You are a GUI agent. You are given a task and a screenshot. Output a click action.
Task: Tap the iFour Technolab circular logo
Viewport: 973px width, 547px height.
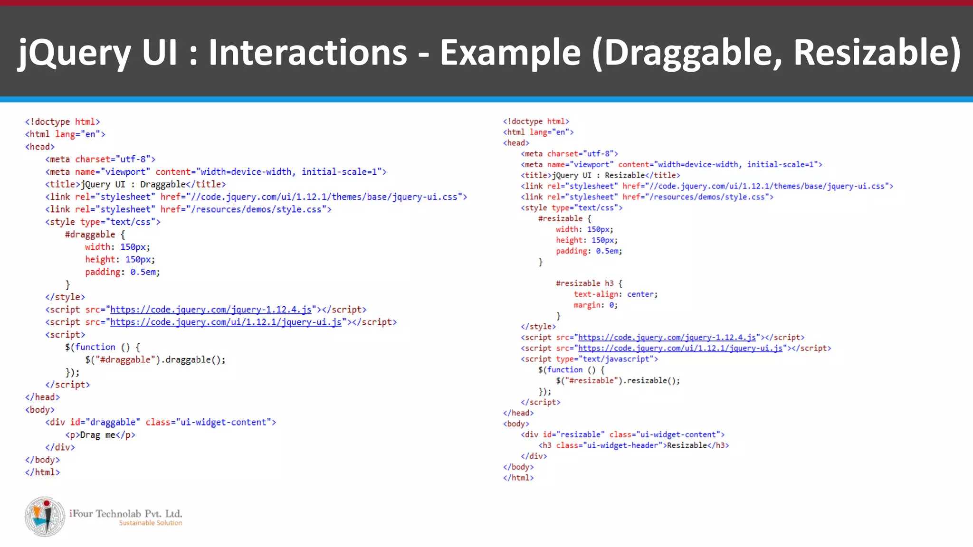pyautogui.click(x=45, y=517)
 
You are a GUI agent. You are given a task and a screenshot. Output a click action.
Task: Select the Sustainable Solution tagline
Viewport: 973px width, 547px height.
pyautogui.click(x=150, y=523)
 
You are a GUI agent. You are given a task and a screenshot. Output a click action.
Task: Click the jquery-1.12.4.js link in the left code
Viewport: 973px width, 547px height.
pyautogui.click(x=211, y=310)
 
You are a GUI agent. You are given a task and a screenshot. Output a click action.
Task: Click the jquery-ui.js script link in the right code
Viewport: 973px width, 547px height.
pyautogui.click(x=680, y=348)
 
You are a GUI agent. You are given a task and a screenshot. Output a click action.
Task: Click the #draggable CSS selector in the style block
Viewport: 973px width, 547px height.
pyautogui.click(x=90, y=235)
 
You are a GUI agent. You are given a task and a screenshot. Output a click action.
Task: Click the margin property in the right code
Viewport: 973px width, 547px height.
pyautogui.click(x=587, y=305)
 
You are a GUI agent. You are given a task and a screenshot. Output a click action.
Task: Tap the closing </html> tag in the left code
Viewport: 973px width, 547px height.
pyautogui.click(x=43, y=472)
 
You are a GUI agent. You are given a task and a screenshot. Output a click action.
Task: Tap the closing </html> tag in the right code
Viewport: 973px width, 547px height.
pyautogui.click(x=518, y=478)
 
